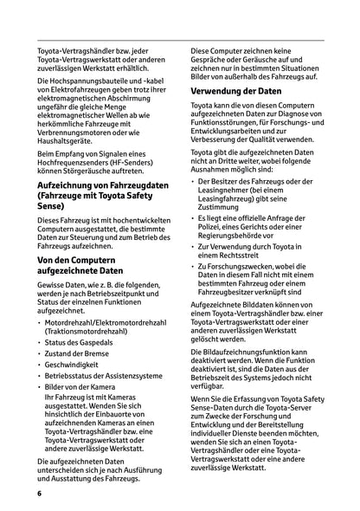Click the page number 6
coord(40,492)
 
